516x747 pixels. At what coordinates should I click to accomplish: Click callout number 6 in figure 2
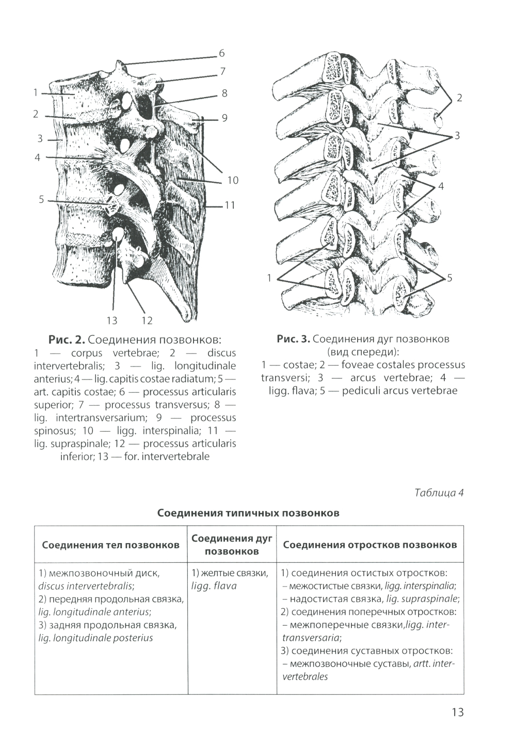[222, 53]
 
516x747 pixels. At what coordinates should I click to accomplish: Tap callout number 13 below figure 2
[112, 321]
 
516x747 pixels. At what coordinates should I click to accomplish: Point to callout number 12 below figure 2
[147, 321]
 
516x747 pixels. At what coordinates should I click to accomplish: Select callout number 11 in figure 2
[230, 205]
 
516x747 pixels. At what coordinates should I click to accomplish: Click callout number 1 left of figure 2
[36, 93]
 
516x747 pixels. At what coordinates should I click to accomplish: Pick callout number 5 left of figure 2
[41, 199]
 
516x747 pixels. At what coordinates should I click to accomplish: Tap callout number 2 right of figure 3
[459, 98]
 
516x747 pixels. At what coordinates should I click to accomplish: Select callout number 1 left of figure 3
[269, 278]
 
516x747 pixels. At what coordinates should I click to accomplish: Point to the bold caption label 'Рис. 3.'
[293, 339]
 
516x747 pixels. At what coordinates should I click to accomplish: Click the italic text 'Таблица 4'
[439, 493]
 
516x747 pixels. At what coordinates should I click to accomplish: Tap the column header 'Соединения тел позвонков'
[110, 545]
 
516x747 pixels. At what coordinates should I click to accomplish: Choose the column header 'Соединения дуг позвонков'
[232, 545]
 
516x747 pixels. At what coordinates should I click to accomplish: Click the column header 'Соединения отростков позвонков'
[369, 545]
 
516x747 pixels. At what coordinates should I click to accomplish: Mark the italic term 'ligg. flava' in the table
[214, 586]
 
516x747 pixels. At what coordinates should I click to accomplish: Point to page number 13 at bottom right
[457, 712]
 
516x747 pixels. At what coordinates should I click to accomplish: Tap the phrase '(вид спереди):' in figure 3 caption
[363, 352]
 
